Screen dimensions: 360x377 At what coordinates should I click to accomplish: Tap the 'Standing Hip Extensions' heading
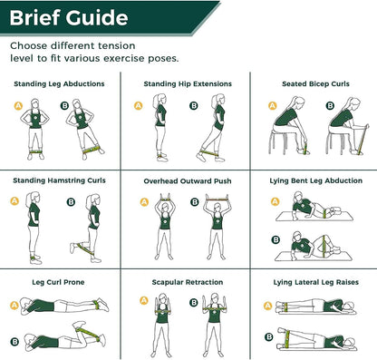click(x=188, y=83)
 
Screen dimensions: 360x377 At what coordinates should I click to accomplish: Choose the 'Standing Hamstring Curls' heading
click(x=60, y=180)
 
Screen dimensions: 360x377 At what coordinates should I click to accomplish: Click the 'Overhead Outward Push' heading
click(x=188, y=180)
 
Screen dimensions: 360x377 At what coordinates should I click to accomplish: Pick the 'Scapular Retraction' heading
click(x=188, y=282)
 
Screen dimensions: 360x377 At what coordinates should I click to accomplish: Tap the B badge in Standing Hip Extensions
click(x=194, y=106)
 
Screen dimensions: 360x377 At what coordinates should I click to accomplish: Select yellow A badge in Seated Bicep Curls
click(x=271, y=106)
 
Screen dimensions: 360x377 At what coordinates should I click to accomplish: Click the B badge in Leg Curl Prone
click(x=15, y=341)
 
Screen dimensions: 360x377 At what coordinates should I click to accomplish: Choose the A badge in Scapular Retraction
click(x=142, y=301)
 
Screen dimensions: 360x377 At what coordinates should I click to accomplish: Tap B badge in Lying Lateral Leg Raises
click(x=269, y=336)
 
